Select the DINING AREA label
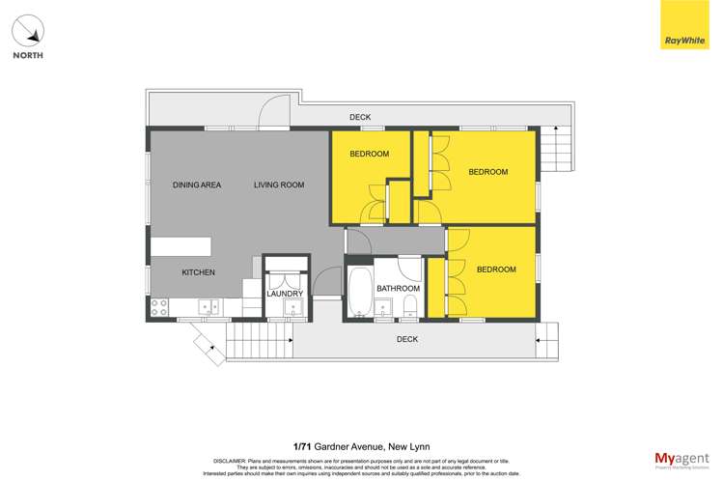tap(197, 184)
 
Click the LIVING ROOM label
tap(279, 184)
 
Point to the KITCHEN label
tap(198, 272)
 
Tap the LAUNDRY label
tap(285, 294)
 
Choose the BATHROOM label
tap(398, 289)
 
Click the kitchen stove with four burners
tap(159, 307)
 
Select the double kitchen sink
tap(209, 307)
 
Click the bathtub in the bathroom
tap(358, 293)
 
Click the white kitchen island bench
tap(181, 245)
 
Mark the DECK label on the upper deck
tap(360, 117)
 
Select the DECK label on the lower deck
tap(407, 339)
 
